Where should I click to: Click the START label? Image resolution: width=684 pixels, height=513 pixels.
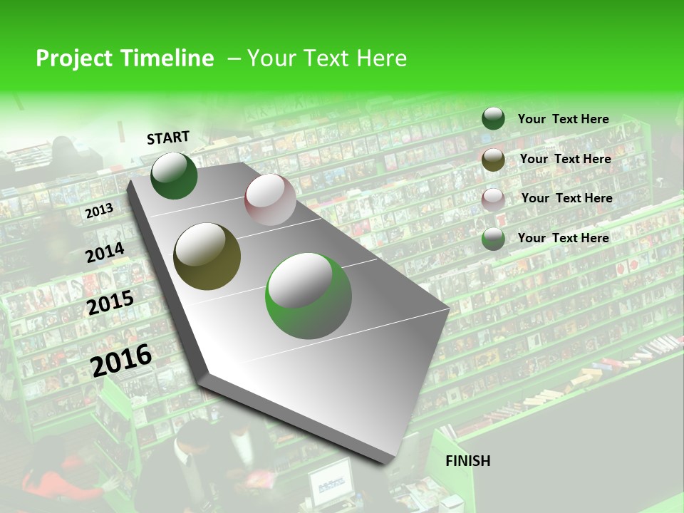pos(168,138)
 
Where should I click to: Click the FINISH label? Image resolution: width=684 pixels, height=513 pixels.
pos(468,461)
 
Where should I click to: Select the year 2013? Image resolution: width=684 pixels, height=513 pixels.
pos(99,211)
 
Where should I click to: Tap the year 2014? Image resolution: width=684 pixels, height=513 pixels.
pos(105,253)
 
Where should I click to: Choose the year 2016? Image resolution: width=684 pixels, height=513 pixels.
pos(122,361)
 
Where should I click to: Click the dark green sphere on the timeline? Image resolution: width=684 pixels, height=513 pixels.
pos(174,175)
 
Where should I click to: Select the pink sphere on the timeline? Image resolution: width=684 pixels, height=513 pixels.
pos(270,199)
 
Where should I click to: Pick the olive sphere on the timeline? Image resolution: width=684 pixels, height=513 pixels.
pos(207,256)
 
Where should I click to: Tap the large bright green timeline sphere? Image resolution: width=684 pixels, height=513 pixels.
pos(309,296)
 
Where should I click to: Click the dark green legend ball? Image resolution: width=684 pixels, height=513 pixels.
pos(493,118)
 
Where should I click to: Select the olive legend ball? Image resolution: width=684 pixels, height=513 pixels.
pos(493,160)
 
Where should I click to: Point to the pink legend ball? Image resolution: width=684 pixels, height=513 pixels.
pos(493,199)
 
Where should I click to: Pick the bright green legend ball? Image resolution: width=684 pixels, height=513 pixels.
pos(493,239)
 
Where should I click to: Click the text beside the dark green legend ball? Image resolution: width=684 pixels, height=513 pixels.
pos(563,119)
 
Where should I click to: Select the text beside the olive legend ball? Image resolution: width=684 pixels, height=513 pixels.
pos(565,159)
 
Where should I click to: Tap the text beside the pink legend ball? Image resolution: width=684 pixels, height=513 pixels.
pos(566,198)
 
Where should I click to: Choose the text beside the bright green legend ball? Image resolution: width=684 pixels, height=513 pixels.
pos(563,238)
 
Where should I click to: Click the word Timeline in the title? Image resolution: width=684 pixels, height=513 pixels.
pos(168,58)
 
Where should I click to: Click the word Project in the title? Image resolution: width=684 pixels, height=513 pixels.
pos(74,58)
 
